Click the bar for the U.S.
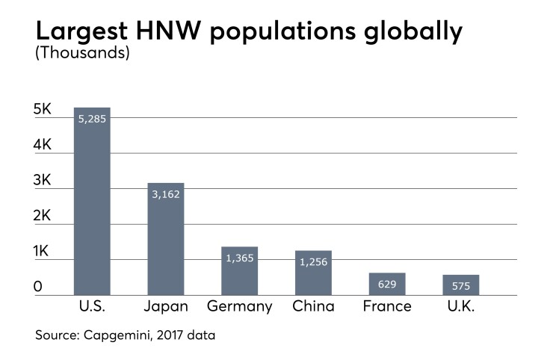pos(92,202)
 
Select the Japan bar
pos(166,239)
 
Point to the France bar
pos(387,285)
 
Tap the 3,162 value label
pos(166,193)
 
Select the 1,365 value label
pos(240,258)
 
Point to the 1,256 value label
pos(313,261)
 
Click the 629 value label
pos(387,284)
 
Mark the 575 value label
pos(461,285)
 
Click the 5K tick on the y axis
pos(42,110)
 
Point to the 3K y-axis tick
pos(42,181)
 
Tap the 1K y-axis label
pos(42,252)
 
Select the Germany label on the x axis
pos(240,307)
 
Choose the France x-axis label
pos(387,307)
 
